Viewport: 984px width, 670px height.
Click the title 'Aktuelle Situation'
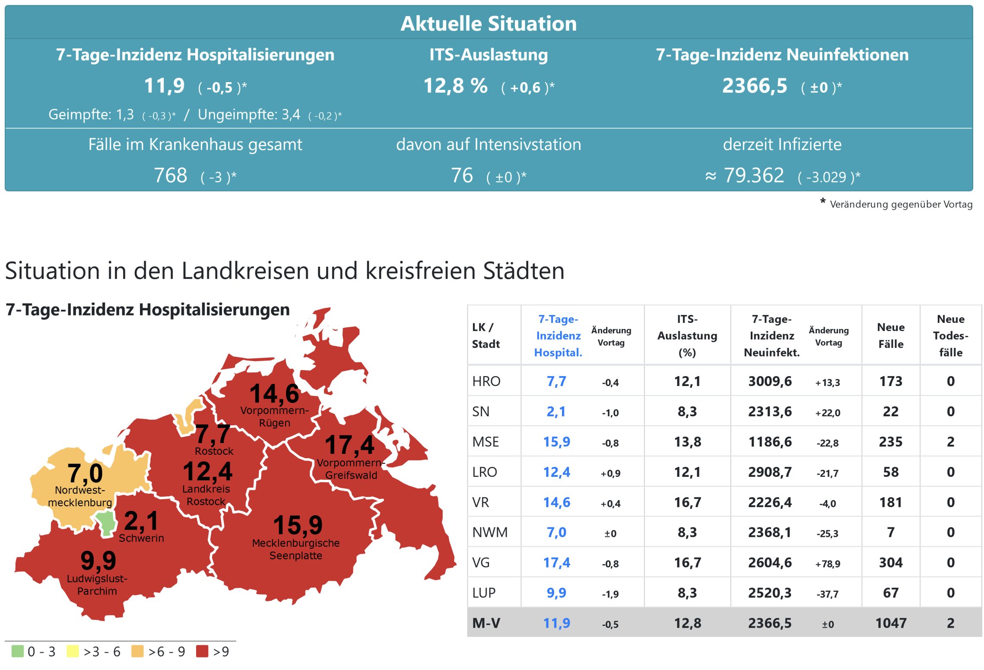point(489,23)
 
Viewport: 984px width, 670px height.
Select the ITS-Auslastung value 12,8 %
point(455,86)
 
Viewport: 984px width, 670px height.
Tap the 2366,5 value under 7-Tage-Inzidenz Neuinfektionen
point(755,86)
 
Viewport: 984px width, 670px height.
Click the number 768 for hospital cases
point(171,175)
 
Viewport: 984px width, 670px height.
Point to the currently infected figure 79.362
point(754,175)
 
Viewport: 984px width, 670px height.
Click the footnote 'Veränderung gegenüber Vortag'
point(901,204)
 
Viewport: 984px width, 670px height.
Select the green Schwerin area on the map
point(106,523)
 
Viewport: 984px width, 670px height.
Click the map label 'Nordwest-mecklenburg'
point(80,496)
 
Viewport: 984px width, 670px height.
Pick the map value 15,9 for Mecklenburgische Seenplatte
point(298,525)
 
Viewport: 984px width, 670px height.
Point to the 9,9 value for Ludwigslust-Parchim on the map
point(98,561)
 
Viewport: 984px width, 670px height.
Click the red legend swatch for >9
point(202,651)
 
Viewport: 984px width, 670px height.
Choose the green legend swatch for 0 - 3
point(18,651)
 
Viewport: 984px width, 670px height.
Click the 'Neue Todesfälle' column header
point(950,335)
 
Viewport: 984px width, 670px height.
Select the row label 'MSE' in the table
point(486,442)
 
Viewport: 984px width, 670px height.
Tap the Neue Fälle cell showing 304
point(891,562)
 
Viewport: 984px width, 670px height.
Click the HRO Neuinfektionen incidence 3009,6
point(770,381)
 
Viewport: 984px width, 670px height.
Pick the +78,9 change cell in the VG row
point(828,564)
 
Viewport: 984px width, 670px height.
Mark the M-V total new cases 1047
point(891,623)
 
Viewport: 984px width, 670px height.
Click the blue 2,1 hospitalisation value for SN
point(556,412)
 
